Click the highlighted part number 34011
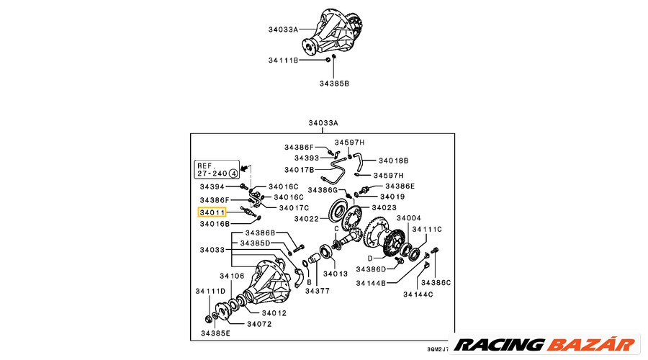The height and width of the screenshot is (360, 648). point(212,212)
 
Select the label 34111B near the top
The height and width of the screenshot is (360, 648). point(283,60)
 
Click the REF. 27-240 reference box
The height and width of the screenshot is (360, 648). point(217,169)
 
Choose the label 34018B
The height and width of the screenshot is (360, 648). point(393,161)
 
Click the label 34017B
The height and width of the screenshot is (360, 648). point(300,170)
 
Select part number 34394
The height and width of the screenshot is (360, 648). point(212,186)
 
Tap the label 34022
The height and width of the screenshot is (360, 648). point(306,219)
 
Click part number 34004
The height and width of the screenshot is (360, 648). point(408,217)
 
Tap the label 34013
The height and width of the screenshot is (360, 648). point(336,274)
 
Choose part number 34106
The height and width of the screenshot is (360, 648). point(232,276)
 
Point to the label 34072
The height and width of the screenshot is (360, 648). point(259,324)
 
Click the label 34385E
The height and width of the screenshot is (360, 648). point(216,333)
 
